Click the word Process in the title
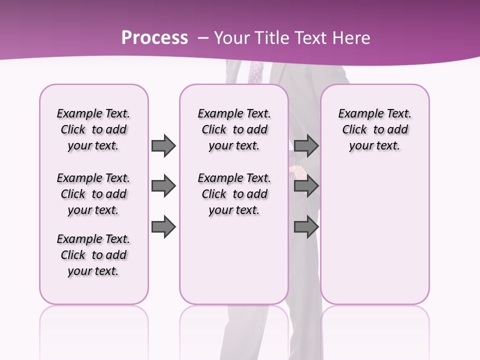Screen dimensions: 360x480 point(154,38)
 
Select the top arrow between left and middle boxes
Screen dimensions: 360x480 point(163,145)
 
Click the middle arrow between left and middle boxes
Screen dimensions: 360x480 point(163,186)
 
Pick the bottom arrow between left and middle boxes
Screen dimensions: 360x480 point(163,227)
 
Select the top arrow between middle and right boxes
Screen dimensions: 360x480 point(306,145)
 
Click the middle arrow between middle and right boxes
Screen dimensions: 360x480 point(306,186)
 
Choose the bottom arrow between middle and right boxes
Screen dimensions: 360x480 point(306,227)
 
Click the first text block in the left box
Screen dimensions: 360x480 point(93,129)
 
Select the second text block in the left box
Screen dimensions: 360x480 point(93,194)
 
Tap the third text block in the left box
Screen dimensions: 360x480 point(93,255)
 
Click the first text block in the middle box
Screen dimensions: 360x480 point(234,129)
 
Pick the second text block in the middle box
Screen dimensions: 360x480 point(234,194)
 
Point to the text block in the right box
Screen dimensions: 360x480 point(374,129)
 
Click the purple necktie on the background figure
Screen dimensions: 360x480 point(255,73)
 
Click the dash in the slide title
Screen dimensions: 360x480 point(203,38)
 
